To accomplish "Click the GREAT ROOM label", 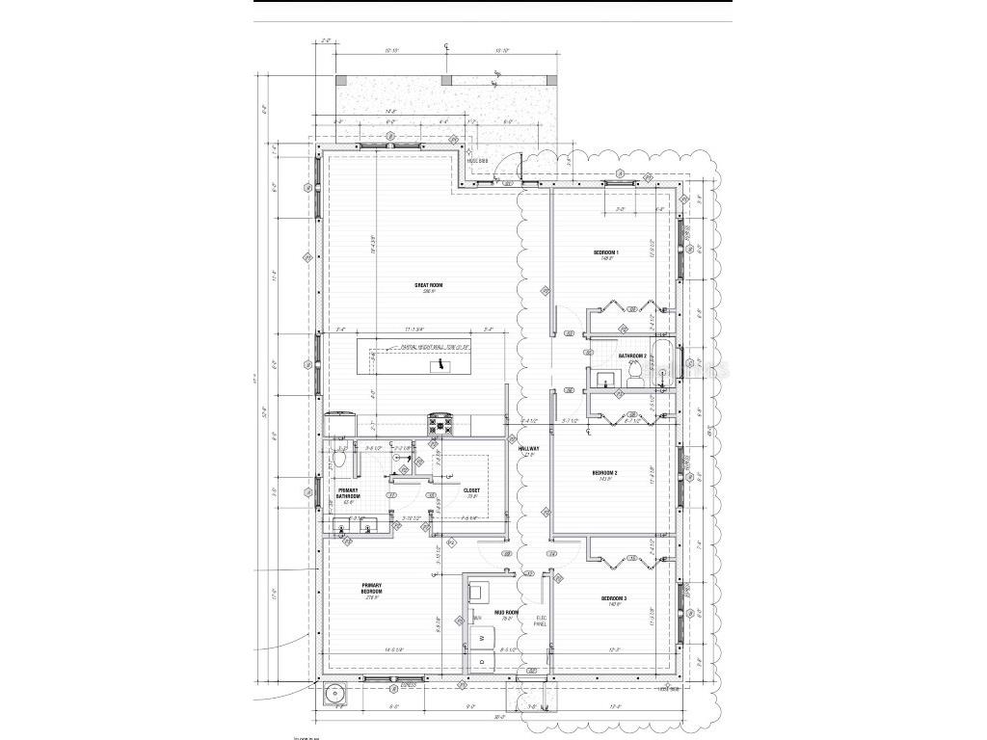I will [429, 285].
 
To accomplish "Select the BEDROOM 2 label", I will [603, 473].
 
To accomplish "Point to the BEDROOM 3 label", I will [614, 599].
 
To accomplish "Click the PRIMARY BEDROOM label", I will [372, 589].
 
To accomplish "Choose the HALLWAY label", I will [528, 449].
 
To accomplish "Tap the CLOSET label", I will [471, 490].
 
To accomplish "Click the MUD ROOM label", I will [508, 613].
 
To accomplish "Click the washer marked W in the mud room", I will [479, 638].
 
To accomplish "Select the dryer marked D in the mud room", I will [479, 663].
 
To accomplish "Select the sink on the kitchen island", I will [439, 365].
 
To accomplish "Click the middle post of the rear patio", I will [445, 80].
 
